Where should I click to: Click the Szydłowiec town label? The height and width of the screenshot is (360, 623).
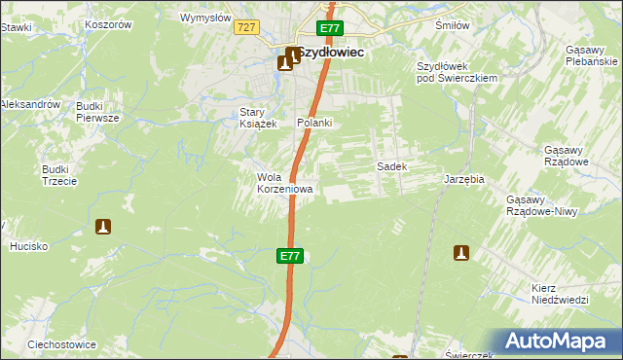(x=331, y=54)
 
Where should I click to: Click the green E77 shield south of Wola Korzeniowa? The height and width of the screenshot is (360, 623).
(x=290, y=256)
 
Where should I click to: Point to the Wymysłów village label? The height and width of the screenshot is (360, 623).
(x=206, y=18)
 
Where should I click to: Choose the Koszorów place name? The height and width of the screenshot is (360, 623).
(x=108, y=24)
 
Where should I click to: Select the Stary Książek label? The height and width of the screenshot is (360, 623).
(x=259, y=118)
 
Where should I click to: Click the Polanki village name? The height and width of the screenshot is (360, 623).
(x=315, y=123)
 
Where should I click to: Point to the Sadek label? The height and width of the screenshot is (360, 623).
(x=391, y=166)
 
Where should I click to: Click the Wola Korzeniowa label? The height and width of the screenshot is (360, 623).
(x=284, y=183)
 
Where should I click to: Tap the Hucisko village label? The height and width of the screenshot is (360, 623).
(x=29, y=246)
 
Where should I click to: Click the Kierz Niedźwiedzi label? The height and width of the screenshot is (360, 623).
(x=561, y=294)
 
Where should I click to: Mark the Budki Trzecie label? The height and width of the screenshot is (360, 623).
(x=55, y=174)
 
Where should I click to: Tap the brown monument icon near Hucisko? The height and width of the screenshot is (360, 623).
(x=102, y=227)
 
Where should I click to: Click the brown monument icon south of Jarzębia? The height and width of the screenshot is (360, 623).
(x=461, y=253)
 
